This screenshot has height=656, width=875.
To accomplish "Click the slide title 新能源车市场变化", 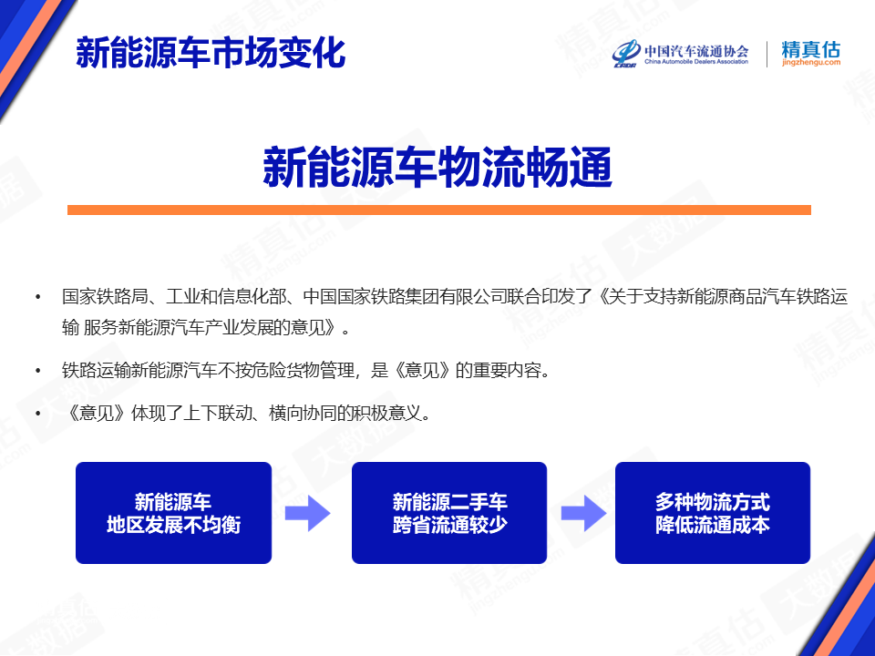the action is click(211, 54).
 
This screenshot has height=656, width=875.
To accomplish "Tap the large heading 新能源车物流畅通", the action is click(437, 168).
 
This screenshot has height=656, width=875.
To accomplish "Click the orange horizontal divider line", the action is click(438, 210).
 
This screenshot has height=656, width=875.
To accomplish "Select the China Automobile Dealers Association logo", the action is click(680, 54).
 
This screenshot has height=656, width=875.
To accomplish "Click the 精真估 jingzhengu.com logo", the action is click(811, 54).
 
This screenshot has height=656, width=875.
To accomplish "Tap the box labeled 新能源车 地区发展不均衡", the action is click(173, 513).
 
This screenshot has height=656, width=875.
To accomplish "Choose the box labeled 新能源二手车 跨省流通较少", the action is click(449, 513).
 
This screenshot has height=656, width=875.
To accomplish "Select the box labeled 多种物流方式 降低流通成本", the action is click(713, 513).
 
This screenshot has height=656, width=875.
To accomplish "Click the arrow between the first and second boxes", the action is click(307, 513).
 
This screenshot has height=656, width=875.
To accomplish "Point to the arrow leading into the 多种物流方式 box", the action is click(583, 513).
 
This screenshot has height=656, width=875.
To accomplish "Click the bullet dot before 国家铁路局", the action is click(38, 297).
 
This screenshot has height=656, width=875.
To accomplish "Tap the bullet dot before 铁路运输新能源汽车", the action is click(38, 371).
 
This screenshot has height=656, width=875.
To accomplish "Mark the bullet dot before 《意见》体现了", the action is click(38, 414).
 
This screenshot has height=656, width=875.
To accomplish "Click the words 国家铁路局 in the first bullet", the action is click(104, 297).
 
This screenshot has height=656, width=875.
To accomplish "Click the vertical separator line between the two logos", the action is click(767, 54).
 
